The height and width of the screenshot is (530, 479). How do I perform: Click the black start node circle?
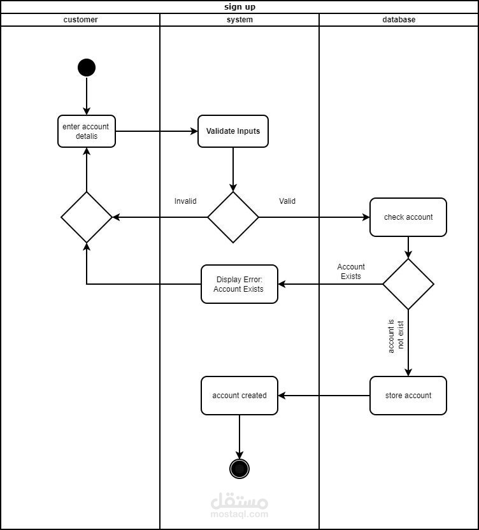(87, 68)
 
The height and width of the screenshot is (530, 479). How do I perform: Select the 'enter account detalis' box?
(87, 131)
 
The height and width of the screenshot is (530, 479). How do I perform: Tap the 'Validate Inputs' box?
(233, 131)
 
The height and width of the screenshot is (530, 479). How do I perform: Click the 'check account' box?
(408, 217)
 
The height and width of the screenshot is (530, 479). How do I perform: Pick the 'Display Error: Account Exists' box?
(240, 284)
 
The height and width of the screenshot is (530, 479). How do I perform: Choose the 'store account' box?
(408, 396)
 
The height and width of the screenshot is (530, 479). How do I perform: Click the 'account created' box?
(240, 396)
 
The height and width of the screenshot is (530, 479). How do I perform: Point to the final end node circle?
(240, 469)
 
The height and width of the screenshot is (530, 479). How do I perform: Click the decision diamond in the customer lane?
(87, 217)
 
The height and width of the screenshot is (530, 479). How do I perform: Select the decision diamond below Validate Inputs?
(233, 217)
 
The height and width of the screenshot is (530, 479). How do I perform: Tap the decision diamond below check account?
(408, 284)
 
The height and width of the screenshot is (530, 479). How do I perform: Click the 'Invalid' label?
(185, 201)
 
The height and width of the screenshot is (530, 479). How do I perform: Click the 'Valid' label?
(287, 201)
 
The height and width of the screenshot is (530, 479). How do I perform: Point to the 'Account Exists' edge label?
(351, 272)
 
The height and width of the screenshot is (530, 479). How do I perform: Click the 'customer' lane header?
(81, 20)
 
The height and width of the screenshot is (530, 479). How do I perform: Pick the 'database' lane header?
(399, 20)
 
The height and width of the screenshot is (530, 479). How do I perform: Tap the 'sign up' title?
(240, 7)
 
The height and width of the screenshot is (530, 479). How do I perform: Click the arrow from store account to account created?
(324, 396)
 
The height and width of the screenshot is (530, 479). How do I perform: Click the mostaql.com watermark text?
(240, 514)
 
